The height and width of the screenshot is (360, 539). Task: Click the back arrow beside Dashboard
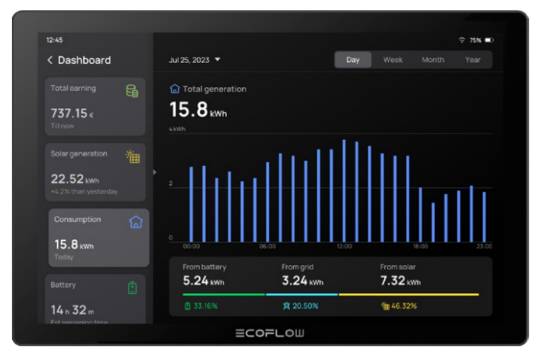[50, 60]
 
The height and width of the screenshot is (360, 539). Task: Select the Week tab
[393, 60]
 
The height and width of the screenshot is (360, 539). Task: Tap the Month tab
[433, 60]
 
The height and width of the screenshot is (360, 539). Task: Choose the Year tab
[473, 60]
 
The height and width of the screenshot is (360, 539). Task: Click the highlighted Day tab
[353, 60]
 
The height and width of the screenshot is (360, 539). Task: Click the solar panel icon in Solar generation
[133, 156]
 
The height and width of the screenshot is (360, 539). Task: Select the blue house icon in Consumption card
[135, 222]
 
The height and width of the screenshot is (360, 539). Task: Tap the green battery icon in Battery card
[133, 288]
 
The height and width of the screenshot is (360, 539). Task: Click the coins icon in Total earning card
[133, 90]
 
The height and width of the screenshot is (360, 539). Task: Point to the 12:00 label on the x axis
[345, 247]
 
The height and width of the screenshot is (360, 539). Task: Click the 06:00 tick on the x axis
[267, 247]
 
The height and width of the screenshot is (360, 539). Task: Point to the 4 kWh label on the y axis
[177, 129]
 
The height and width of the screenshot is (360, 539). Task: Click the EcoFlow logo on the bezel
[270, 334]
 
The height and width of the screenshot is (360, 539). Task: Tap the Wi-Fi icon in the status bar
[462, 40]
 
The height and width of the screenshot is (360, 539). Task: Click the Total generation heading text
[214, 89]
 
